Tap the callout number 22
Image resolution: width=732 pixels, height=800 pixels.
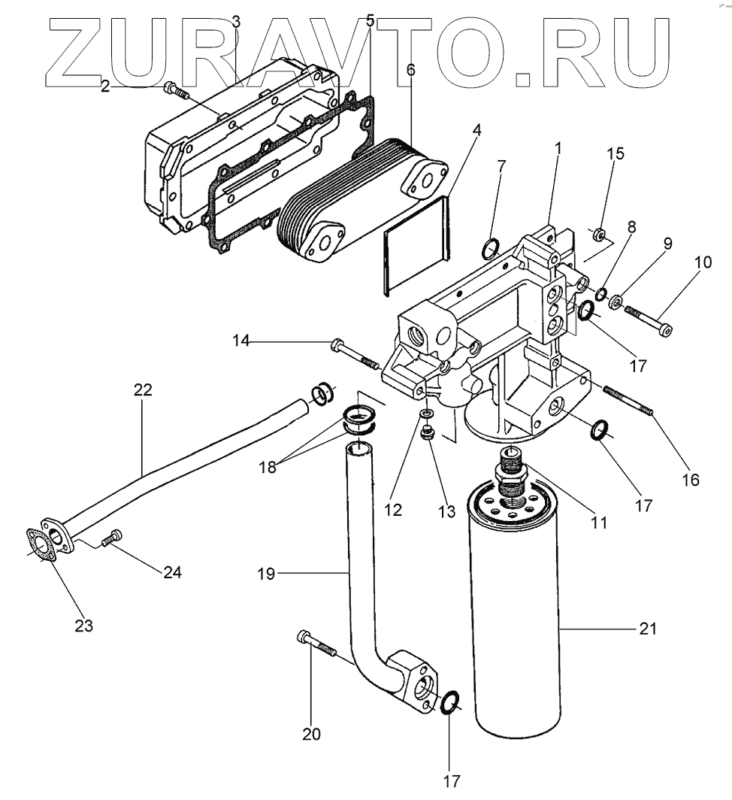[x=143, y=389]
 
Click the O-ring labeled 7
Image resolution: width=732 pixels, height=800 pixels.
[x=489, y=246]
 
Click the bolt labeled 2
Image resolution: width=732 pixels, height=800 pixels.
[x=174, y=91]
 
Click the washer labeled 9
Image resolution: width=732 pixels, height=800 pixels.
[x=616, y=303]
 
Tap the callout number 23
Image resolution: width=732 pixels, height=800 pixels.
[x=83, y=624]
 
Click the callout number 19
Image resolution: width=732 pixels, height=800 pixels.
[x=266, y=574]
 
